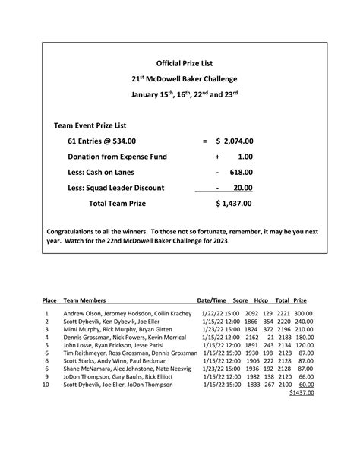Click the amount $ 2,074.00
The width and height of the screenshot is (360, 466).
coord(234,141)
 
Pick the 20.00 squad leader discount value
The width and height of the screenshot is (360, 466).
coord(243,188)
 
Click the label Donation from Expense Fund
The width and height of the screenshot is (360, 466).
coord(117,157)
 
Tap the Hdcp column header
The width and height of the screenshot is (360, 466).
coord(262,302)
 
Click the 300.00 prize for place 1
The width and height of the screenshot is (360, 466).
coord(304,313)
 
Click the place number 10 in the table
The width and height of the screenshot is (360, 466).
coord(46,385)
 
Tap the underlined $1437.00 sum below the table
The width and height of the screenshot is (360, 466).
coord(302,393)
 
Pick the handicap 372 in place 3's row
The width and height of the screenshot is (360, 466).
coord(267,329)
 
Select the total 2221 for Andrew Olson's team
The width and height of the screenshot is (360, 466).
coord(283,313)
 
